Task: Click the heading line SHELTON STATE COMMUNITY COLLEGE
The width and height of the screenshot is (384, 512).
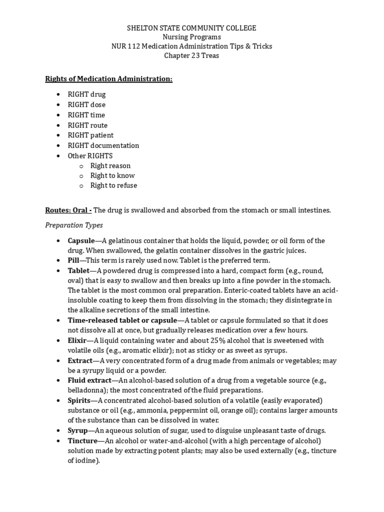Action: pyautogui.click(x=191, y=28)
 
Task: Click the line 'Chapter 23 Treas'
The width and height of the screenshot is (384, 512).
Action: pyautogui.click(x=191, y=55)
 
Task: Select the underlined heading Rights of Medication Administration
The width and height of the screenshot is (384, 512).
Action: pyautogui.click(x=108, y=79)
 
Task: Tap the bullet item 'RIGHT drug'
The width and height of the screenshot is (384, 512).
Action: pyautogui.click(x=86, y=94)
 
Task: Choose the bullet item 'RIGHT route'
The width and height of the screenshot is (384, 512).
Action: pyautogui.click(x=87, y=125)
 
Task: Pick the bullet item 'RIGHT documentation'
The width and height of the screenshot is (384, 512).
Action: pyautogui.click(x=103, y=145)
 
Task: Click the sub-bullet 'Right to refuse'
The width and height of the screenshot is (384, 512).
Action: pyautogui.click(x=113, y=185)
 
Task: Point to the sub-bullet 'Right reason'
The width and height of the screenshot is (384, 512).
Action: pyautogui.click(x=110, y=165)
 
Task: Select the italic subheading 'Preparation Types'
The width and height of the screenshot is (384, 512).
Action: pyautogui.click(x=74, y=225)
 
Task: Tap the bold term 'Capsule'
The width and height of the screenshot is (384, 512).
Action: pyautogui.click(x=81, y=240)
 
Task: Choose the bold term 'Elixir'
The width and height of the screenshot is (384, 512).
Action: pyautogui.click(x=77, y=340)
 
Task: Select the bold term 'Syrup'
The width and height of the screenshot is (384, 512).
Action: pyautogui.click(x=78, y=430)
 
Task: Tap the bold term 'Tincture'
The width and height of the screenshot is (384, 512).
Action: pyautogui.click(x=82, y=440)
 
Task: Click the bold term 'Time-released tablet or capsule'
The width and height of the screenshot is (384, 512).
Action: pyautogui.click(x=122, y=320)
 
